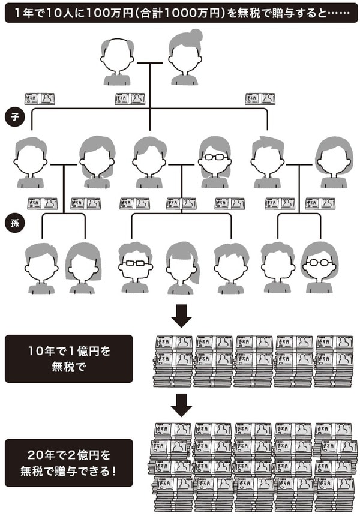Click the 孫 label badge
pos(15,223)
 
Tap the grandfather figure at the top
pos(116,60)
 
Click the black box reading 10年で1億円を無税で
pos(69,358)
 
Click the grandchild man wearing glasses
pos(135,268)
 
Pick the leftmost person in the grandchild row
pos(41,268)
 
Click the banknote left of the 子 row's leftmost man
pos(40,98)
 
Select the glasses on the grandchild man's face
pos(135,265)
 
